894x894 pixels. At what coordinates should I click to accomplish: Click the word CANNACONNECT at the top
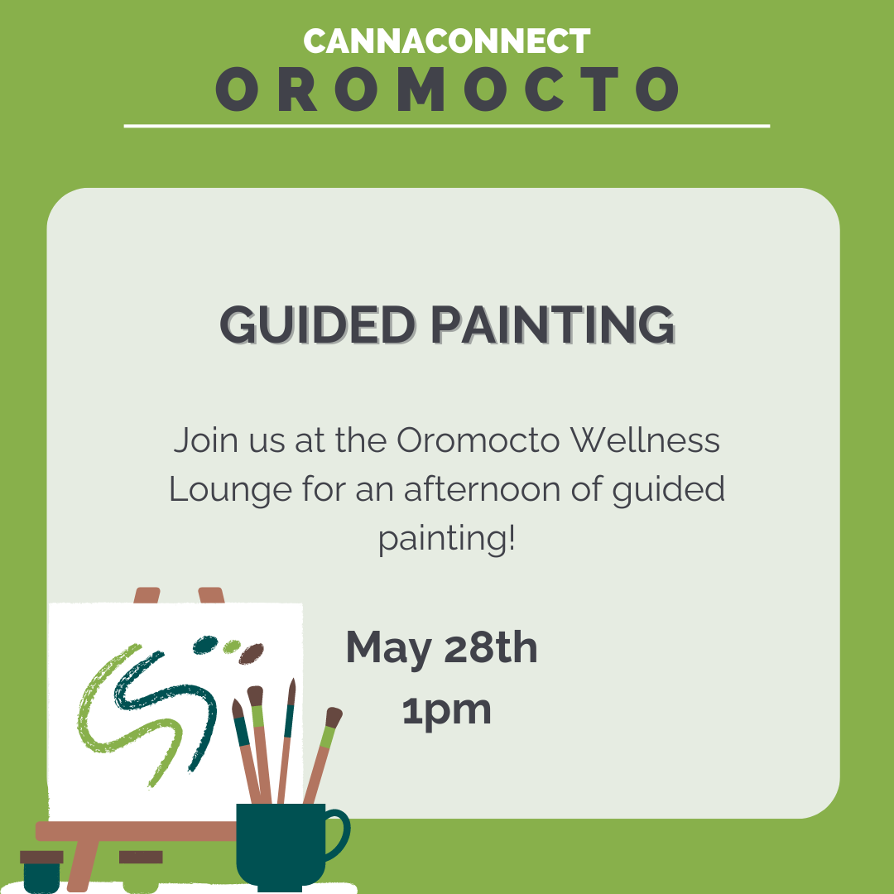tap(446, 41)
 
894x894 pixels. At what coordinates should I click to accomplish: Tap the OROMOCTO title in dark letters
tap(447, 89)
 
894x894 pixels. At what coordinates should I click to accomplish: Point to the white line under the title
tap(446, 126)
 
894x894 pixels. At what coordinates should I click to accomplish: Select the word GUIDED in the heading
tap(318, 324)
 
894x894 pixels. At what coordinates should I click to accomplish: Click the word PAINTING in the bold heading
tap(552, 324)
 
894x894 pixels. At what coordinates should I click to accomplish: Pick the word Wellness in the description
tap(645, 440)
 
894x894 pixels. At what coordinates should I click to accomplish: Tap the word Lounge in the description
tap(230, 490)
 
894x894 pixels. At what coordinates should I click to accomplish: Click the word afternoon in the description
tap(483, 489)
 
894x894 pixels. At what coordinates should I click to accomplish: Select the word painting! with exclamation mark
tap(447, 538)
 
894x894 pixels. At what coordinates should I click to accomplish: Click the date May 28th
tap(441, 648)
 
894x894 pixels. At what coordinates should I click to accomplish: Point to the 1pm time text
tap(446, 710)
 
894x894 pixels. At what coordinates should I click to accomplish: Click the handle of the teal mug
tap(340, 834)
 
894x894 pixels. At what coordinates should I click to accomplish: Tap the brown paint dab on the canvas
tap(251, 653)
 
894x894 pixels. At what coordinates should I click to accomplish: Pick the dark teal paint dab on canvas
tap(205, 644)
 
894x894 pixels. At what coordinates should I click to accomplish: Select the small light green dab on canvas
tap(232, 646)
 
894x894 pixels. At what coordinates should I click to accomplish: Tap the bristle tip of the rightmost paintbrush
tap(334, 717)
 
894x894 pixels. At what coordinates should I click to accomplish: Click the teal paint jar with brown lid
tap(41, 871)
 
